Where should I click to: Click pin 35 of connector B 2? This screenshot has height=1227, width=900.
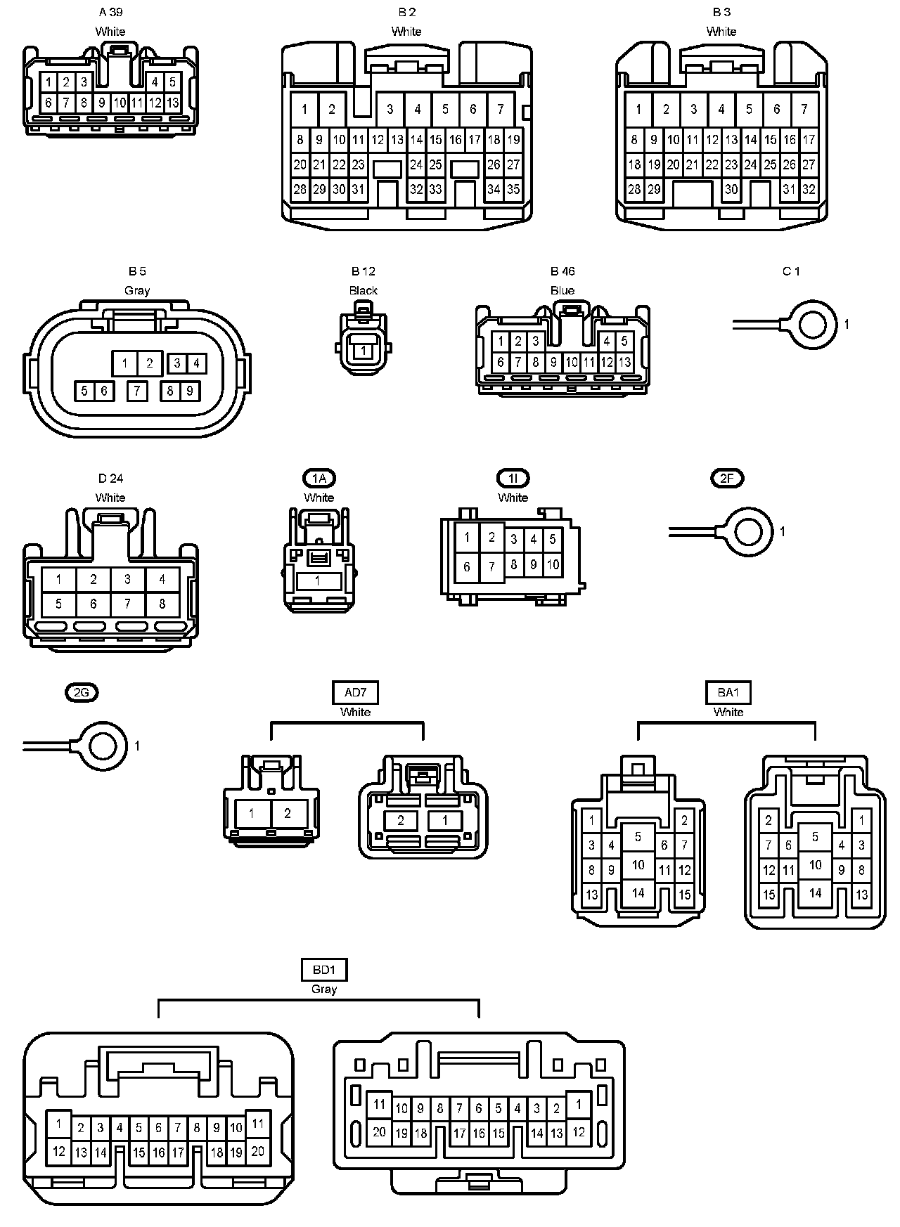[513, 189]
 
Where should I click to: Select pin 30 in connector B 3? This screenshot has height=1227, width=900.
[732, 189]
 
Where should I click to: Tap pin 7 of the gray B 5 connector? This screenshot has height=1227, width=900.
[138, 390]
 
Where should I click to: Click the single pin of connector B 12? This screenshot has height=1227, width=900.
[363, 350]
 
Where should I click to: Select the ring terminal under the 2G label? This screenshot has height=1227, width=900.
[103, 746]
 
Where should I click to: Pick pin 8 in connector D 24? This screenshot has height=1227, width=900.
[162, 604]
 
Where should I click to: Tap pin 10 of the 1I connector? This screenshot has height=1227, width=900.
[552, 564]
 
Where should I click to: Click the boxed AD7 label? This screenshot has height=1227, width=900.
[355, 693]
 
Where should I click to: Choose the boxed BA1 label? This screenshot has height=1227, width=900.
[728, 693]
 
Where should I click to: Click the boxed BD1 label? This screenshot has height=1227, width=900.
[323, 970]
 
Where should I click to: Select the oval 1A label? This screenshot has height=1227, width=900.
[319, 479]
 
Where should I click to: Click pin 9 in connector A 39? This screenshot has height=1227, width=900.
[101, 103]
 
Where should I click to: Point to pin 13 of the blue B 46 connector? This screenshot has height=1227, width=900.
[624, 363]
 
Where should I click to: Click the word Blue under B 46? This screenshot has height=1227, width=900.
[562, 290]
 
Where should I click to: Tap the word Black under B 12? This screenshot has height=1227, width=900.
[363, 290]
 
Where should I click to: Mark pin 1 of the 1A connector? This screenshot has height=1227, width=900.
[318, 580]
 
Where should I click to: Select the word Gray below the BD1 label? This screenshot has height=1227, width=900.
[323, 989]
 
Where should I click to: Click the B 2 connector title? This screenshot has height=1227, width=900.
[406, 12]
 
